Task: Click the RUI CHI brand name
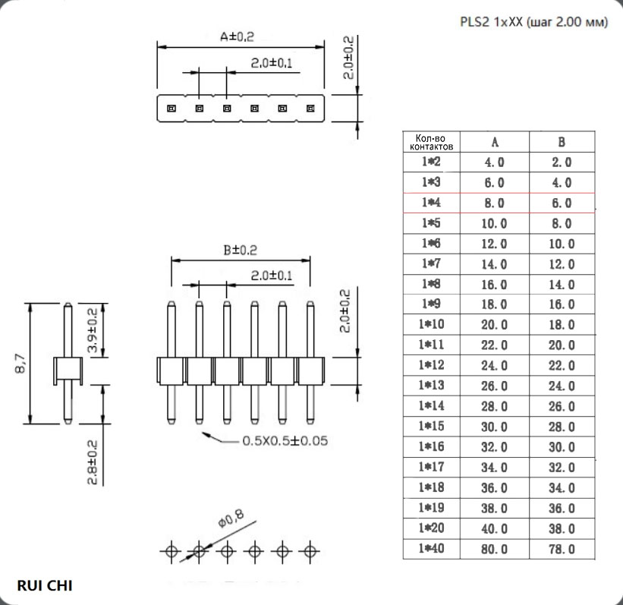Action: tap(45, 585)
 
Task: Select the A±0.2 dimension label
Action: tap(238, 36)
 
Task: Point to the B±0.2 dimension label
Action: tap(240, 250)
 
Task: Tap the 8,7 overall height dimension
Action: tap(20, 364)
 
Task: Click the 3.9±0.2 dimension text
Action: tap(92, 330)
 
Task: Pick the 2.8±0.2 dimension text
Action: tap(92, 462)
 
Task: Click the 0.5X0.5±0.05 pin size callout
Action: tap(285, 441)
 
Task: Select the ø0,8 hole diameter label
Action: tap(231, 518)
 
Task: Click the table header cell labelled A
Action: tap(495, 142)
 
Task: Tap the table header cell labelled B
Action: tap(562, 142)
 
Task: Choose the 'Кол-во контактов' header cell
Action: tap(432, 142)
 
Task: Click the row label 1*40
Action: tap(432, 549)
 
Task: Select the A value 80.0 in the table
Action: tap(495, 549)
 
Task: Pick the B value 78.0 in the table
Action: tap(562, 549)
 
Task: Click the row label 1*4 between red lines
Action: tap(432, 203)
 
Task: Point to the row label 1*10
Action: tap(432, 324)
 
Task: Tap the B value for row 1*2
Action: tap(562, 162)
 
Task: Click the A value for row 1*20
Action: tap(495, 528)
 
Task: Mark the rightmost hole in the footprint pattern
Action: tap(310, 551)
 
